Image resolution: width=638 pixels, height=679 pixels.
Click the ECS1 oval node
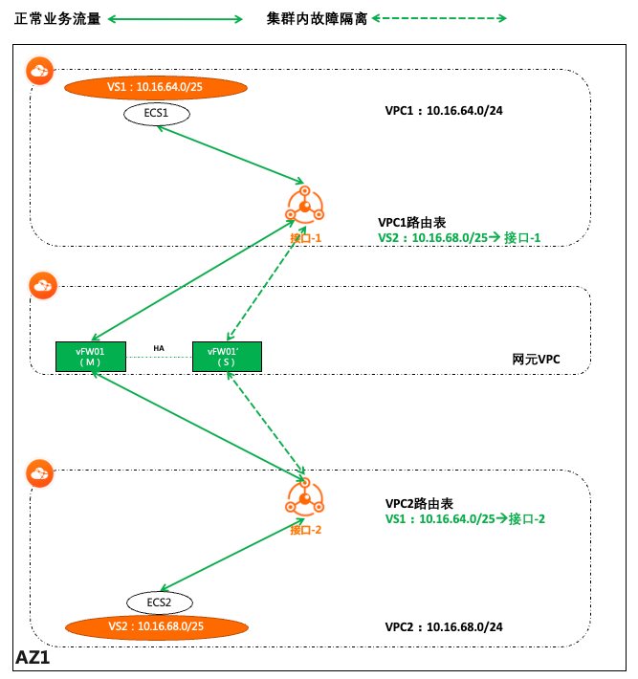coord(157,114)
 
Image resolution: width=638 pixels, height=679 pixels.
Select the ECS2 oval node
coord(160,602)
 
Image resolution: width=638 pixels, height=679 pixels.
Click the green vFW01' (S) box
coord(227,357)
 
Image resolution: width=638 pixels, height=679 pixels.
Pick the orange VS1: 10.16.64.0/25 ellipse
coord(156,88)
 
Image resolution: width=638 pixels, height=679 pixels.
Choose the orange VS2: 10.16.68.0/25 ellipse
coord(157,626)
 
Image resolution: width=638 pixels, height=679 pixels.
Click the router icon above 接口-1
coord(305,204)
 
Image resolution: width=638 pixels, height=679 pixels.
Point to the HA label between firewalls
coord(161,348)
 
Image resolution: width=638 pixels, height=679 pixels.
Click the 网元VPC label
coord(537,360)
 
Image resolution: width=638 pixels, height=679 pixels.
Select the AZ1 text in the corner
coord(33,658)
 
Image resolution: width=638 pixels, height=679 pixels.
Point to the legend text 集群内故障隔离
coord(318,18)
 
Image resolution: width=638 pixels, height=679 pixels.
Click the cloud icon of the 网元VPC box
coord(41,284)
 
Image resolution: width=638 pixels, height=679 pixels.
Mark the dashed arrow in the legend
coord(441,18)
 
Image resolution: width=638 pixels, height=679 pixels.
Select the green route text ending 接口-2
coord(465,519)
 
